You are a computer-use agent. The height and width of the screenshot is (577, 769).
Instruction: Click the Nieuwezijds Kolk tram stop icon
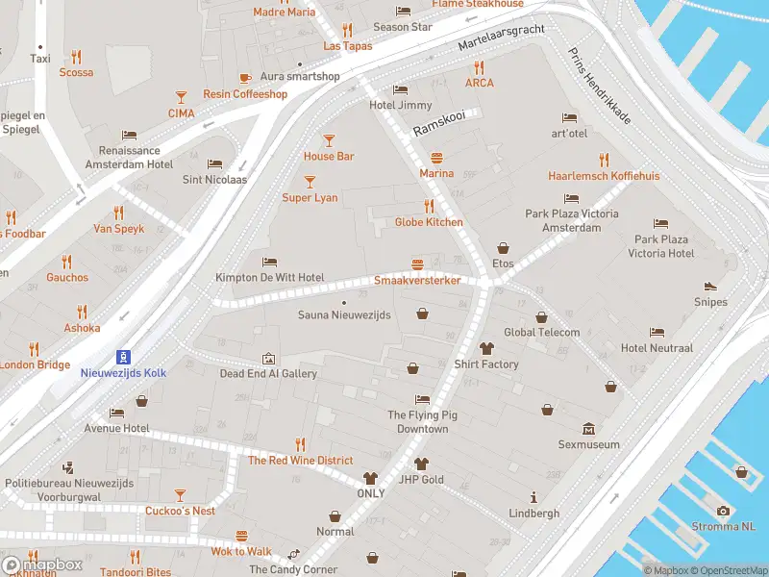[x=122, y=356]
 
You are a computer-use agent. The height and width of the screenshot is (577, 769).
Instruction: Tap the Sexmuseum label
[x=588, y=444]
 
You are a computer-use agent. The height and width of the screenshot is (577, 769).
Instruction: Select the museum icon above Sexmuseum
[x=588, y=429]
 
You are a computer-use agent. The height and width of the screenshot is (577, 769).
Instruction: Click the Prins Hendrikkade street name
[x=600, y=87]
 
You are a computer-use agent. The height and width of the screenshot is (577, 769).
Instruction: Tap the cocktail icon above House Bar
[x=329, y=139]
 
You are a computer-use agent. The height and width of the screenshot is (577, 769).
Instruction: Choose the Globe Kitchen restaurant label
[x=429, y=222]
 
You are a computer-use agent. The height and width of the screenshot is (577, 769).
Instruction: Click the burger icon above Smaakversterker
[x=417, y=263]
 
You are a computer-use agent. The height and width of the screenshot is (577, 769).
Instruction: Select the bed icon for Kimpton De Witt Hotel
[x=270, y=261]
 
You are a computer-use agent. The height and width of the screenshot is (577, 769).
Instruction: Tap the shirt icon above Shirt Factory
[x=486, y=348]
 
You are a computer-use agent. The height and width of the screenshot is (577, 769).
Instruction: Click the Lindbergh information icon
[x=534, y=497]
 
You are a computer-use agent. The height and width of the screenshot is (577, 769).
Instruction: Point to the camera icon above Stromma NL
[x=723, y=511]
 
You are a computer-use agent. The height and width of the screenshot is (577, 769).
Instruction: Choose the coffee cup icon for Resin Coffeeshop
[x=245, y=78]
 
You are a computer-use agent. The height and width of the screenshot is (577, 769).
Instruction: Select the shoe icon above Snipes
[x=710, y=286]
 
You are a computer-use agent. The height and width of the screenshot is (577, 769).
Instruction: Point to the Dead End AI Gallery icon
[x=268, y=358]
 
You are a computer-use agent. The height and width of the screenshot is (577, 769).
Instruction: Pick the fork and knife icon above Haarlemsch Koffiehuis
[x=604, y=160]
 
